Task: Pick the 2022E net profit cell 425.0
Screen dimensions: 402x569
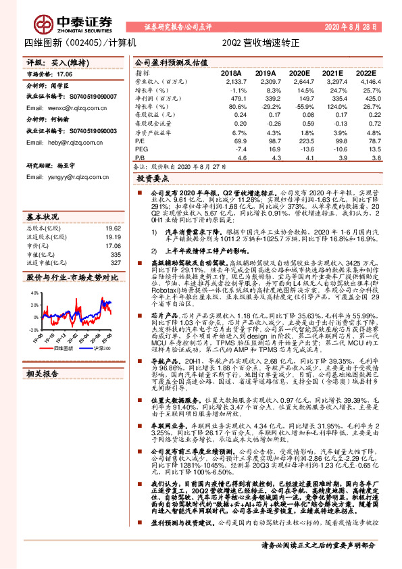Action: [x=366, y=98]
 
